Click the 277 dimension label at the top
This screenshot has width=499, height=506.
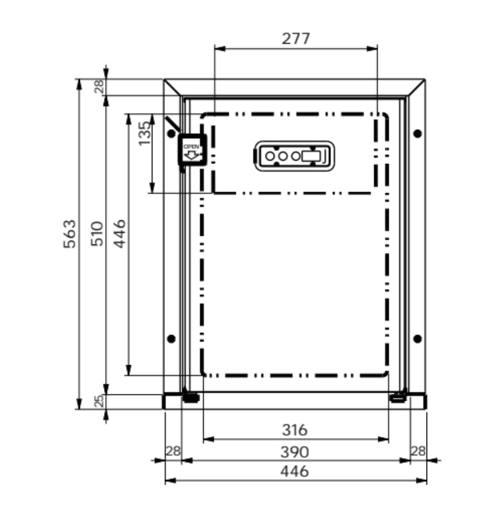click(x=295, y=39)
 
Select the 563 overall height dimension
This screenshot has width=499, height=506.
click(x=69, y=233)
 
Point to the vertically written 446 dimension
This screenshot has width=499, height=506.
click(x=120, y=233)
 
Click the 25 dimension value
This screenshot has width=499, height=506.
click(x=99, y=401)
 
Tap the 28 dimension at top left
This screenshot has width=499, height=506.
click(x=99, y=87)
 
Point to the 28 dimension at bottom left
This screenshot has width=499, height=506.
click(x=172, y=451)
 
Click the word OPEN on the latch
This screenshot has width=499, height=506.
click(x=191, y=147)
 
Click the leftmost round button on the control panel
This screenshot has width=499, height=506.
click(x=270, y=156)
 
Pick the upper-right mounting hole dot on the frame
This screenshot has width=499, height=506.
click(x=417, y=133)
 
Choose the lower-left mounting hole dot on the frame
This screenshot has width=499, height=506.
click(x=171, y=338)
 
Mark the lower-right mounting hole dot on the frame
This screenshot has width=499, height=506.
click(x=417, y=338)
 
